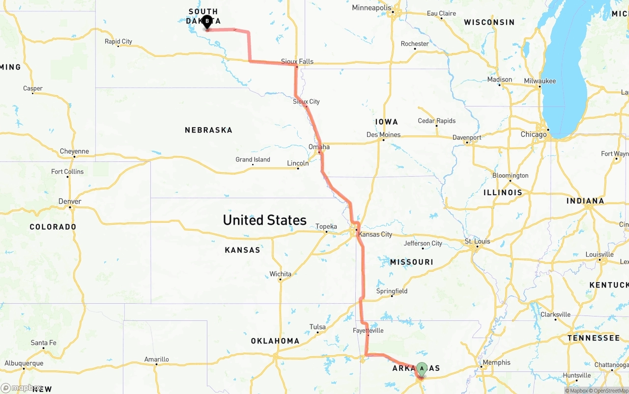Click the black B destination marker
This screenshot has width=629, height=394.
click(207, 22)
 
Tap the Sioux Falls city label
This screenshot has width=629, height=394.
click(297, 61)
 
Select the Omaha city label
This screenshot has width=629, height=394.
click(319, 147)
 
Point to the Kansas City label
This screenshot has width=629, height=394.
click(375, 234)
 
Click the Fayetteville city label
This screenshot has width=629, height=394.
click(368, 331)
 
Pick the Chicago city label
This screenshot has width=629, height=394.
click(533, 134)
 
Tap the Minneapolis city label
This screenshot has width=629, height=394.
click(372, 8)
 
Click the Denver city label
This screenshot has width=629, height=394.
click(70, 201)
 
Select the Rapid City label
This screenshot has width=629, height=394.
click(118, 41)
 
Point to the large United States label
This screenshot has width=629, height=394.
click(264, 220)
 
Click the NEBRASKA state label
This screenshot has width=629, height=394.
click(208, 130)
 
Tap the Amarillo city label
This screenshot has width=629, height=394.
click(156, 359)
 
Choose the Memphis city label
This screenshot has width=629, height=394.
click(496, 363)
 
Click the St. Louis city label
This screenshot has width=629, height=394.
click(477, 241)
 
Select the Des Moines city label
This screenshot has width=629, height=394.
click(383, 134)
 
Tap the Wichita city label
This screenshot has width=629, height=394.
click(280, 274)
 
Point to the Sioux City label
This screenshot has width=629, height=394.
click(306, 102)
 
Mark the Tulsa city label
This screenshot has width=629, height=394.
click(317, 327)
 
